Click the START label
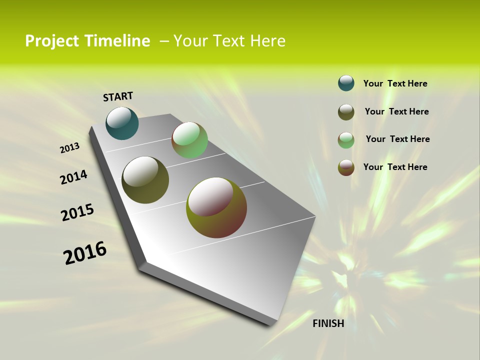118,96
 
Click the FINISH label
328,323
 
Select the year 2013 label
69,148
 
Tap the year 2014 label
73,177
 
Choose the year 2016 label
85,253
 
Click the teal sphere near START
122,123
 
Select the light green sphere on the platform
189,140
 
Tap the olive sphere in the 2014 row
145,180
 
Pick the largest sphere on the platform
216,207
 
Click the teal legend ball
346,83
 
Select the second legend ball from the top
346,112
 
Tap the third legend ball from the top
346,140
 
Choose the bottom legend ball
346,167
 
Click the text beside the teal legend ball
395,83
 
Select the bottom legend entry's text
395,167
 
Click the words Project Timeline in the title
87,41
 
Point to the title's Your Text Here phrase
229,41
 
